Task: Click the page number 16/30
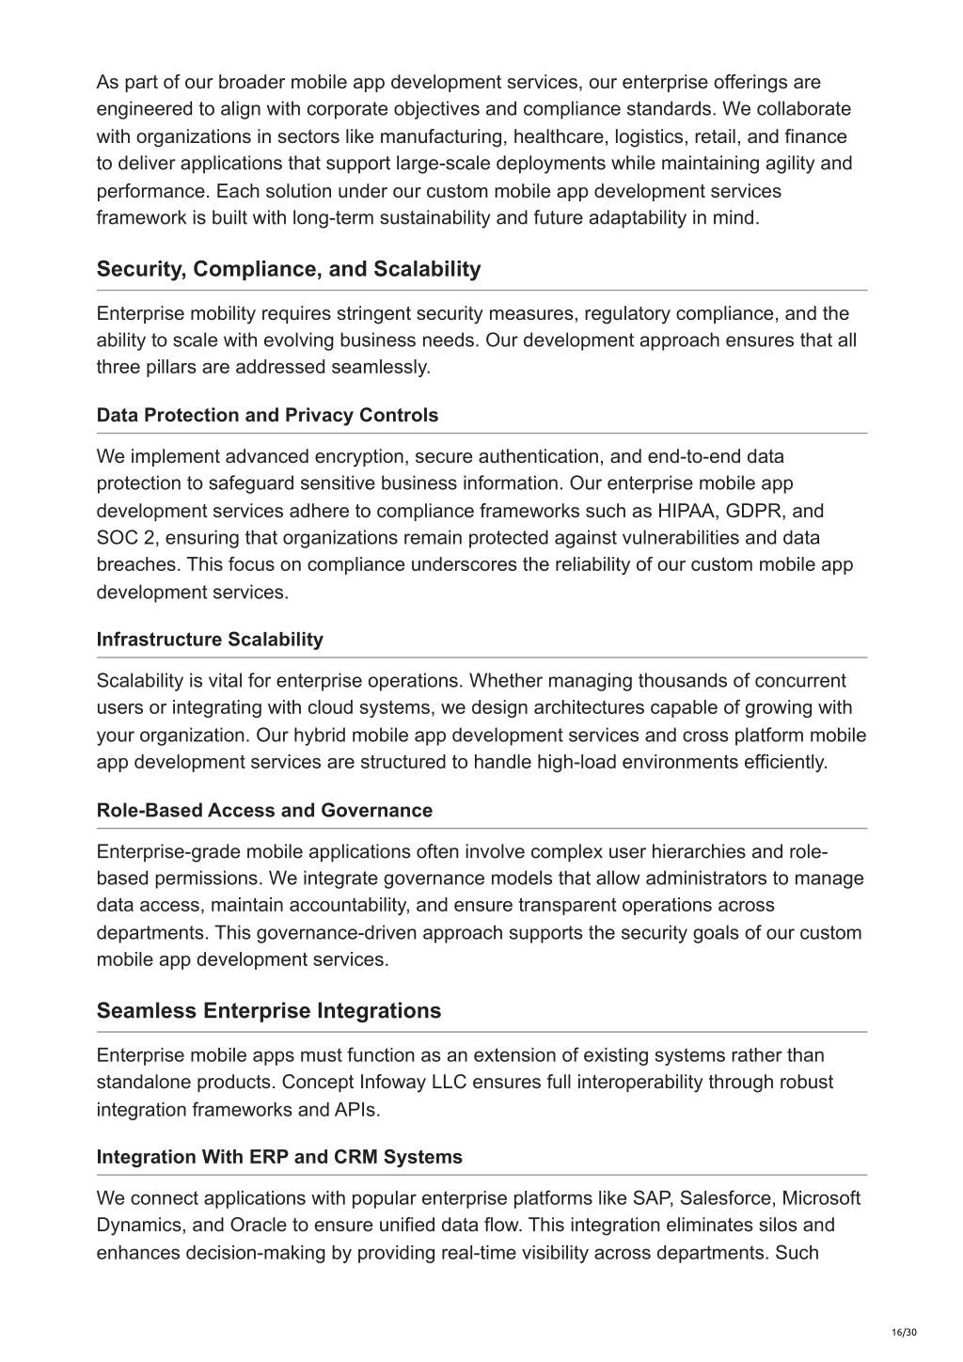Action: pos(903,1332)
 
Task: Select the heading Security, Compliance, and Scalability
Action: pos(288,269)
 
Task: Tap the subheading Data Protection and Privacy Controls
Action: pos(267,415)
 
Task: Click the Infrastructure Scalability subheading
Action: pos(210,640)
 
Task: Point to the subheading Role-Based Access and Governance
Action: pos(264,811)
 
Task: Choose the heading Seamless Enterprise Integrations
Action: pos(268,1011)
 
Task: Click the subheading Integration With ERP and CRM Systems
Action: pos(279,1157)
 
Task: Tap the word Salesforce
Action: pos(727,1198)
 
